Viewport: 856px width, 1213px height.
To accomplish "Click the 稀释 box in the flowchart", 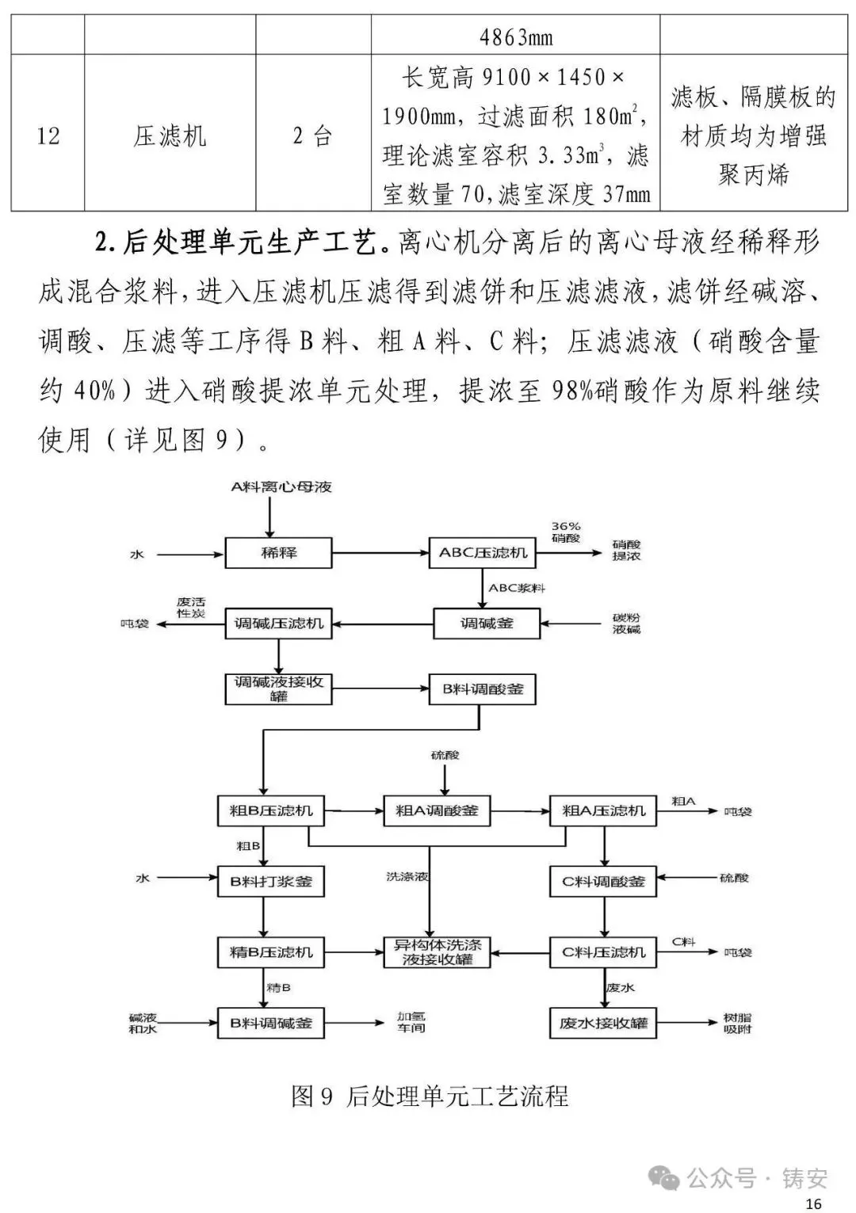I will point(278,553).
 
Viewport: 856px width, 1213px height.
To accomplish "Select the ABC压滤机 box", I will point(483,553).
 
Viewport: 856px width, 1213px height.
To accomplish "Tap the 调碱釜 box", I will point(487,624).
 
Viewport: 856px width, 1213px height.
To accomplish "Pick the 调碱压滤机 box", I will point(278,624).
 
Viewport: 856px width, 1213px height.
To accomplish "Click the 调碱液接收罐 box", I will point(278,689).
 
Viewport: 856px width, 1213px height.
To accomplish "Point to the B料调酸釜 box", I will point(483,689).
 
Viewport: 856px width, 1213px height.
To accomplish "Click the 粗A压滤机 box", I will point(603,811).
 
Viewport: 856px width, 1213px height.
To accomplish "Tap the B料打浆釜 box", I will point(271,881).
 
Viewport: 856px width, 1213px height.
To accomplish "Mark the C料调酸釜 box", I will point(603,881).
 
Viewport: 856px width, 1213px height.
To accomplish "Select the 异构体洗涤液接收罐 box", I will point(437,952).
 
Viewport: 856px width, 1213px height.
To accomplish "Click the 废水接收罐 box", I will point(603,1023).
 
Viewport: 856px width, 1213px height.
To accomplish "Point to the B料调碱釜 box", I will point(271,1023).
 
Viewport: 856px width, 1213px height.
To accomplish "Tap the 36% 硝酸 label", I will point(566,532).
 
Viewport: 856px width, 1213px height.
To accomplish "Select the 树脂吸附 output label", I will point(737,1023).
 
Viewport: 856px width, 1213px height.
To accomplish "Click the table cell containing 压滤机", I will point(170,135).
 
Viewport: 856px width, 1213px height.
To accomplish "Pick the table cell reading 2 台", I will point(312,135).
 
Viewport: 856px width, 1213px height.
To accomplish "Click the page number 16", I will point(812,1203).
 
